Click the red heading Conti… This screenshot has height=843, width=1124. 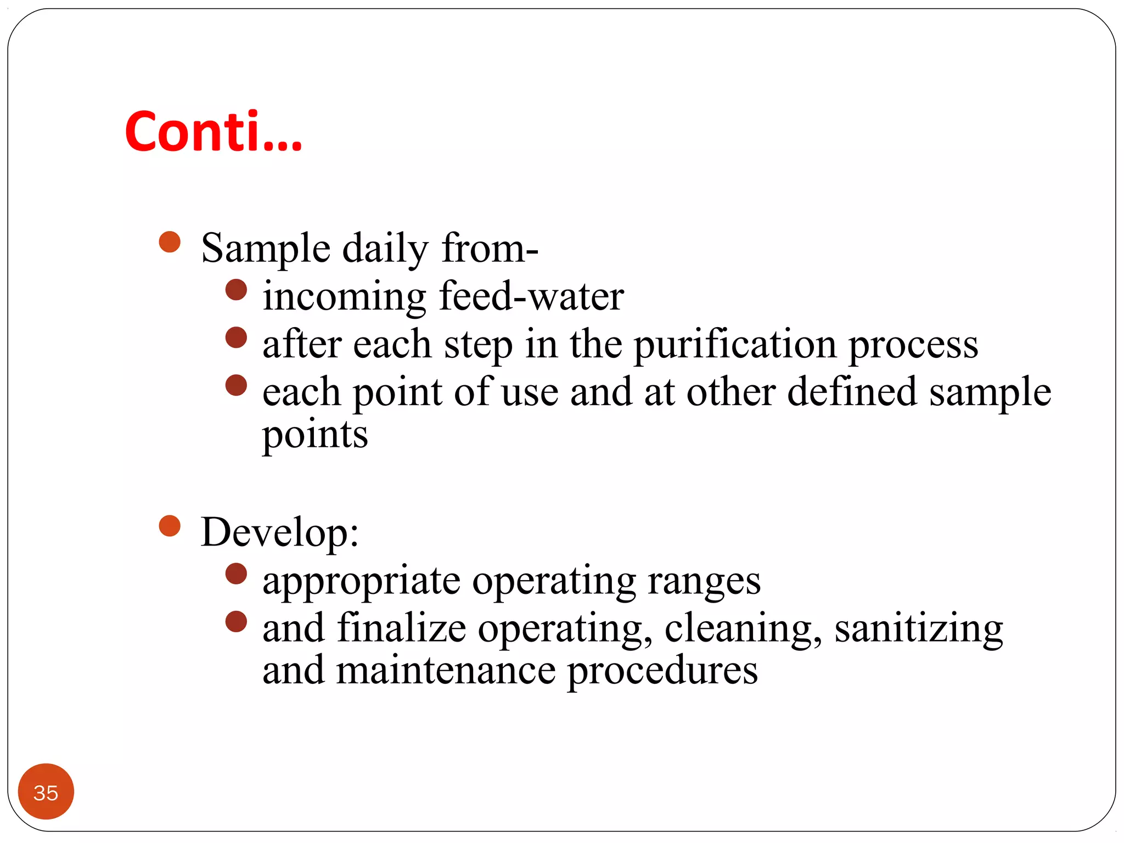(213, 132)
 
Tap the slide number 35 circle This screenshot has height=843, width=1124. (46, 791)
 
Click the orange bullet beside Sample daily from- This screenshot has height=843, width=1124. (170, 241)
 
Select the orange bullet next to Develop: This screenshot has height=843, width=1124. (170, 526)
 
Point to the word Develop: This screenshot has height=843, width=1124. (280, 532)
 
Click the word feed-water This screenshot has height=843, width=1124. (531, 296)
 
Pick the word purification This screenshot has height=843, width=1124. (735, 345)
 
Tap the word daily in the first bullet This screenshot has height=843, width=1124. (385, 249)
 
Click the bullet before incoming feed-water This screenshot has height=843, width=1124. (236, 290)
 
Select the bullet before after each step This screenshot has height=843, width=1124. (236, 338)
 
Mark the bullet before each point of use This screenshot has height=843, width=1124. (236, 385)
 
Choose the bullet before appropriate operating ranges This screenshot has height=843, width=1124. (236, 574)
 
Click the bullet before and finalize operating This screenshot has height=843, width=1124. (236, 622)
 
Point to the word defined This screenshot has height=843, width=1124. (852, 392)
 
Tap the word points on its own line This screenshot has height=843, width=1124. (315, 435)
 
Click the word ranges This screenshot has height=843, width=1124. (704, 581)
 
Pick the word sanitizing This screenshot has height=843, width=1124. (919, 628)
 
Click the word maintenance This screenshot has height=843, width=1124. (446, 670)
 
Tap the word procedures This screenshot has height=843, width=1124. (662, 671)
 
